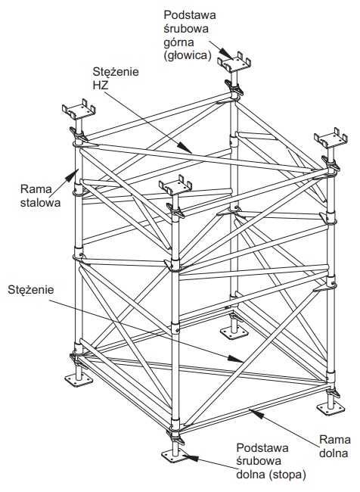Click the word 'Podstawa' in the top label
[x=190, y=15]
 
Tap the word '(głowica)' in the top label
[x=187, y=55]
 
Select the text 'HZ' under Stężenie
[x=101, y=85]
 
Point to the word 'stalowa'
[x=40, y=202]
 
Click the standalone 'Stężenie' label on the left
[x=31, y=289]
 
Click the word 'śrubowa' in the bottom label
[x=259, y=461]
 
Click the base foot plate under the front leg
[x=173, y=456]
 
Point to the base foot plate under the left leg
[x=79, y=381]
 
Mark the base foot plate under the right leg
[x=331, y=408]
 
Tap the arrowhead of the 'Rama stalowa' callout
[x=73, y=173]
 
